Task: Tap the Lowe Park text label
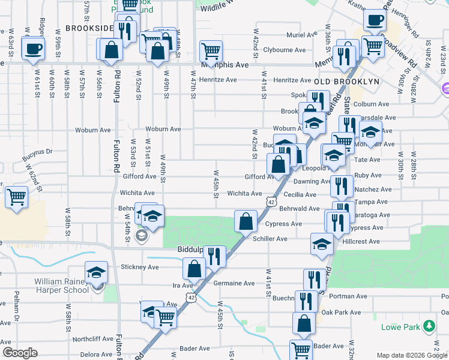400,327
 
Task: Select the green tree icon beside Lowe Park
429,326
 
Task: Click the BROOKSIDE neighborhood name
89,28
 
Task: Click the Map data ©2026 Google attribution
412,355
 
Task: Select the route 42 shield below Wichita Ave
271,203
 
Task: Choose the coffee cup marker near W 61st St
34,48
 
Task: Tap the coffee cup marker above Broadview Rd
375,20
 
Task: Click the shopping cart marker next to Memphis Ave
211,51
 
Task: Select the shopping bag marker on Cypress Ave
246,221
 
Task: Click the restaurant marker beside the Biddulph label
214,256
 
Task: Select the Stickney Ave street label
139,266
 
